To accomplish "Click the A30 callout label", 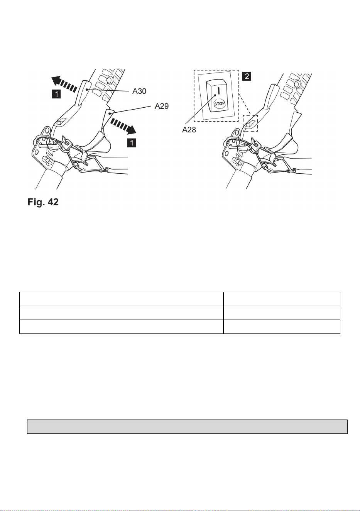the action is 139,91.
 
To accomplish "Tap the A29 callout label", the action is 162,106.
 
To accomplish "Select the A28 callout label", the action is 189,130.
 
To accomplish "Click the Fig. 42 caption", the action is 43,202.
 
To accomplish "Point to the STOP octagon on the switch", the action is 220,104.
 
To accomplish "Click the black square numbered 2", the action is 247,76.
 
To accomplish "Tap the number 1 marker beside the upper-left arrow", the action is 56,94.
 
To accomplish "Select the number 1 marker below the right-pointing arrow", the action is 132,143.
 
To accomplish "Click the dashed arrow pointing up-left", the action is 64,84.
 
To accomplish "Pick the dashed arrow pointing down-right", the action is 123,126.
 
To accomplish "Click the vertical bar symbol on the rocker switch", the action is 218,91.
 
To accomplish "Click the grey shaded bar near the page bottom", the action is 187,426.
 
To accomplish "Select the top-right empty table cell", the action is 282,299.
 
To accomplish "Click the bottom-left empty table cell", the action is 122,327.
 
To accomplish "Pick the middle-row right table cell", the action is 282,313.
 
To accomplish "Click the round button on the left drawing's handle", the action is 110,80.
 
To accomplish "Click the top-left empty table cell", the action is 122,299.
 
